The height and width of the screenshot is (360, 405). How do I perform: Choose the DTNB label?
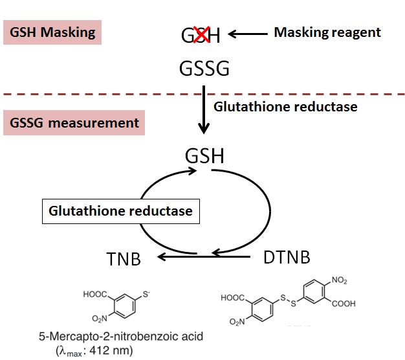287,256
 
